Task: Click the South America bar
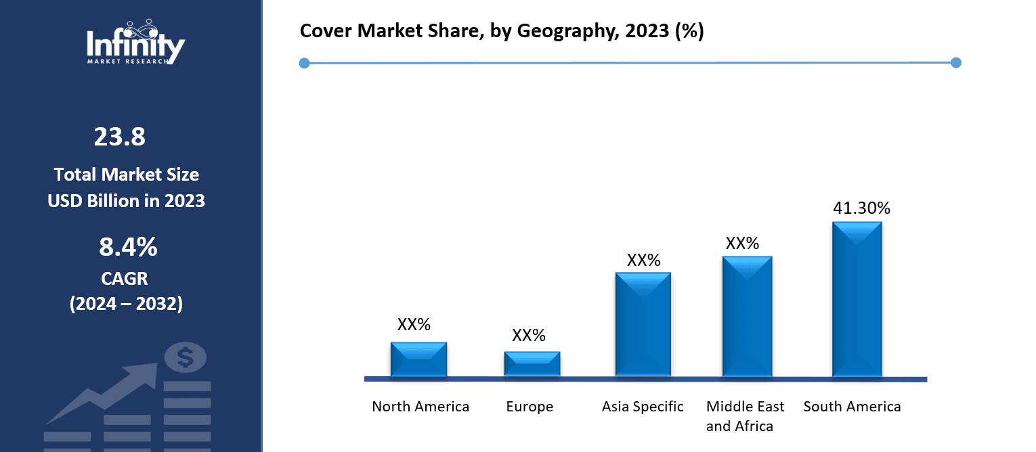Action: coord(857,298)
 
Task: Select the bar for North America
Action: coord(418,359)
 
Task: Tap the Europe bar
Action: coord(532,363)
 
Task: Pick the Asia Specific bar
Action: coord(643,324)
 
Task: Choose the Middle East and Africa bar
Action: coord(747,316)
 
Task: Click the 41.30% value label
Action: coord(861,208)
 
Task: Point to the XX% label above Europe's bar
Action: coord(529,335)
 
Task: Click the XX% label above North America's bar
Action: coord(414,324)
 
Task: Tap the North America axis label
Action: coord(420,407)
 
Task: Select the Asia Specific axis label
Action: coord(643,407)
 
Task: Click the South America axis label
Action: coord(852,407)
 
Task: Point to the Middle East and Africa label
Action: coord(745,416)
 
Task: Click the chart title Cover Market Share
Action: coord(502,31)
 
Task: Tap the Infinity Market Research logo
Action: coord(135,42)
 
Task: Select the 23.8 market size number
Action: coord(119,137)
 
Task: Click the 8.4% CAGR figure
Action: coord(128,248)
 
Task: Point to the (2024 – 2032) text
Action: coord(126,304)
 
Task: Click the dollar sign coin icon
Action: coord(185,357)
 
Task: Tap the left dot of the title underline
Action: coord(304,63)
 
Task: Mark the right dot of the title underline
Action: coord(956,63)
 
